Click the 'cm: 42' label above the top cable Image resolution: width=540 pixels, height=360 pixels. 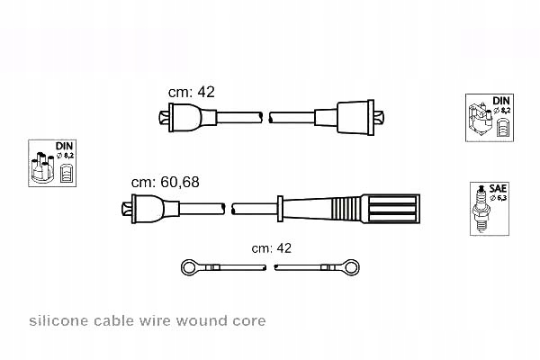192,92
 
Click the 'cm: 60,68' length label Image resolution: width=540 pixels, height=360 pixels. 165,182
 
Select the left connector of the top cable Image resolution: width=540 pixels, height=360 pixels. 184,118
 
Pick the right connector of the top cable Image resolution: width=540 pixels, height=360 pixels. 361,117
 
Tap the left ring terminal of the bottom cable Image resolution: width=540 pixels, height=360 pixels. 191,266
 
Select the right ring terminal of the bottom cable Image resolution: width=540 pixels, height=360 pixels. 350,266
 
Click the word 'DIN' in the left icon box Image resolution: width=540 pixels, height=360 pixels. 64,146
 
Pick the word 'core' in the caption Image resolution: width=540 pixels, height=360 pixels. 250,321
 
